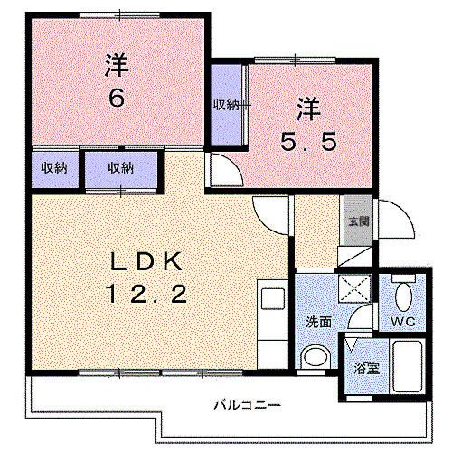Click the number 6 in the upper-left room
117,98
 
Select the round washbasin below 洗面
315,356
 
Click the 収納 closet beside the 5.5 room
226,105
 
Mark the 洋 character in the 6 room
116,66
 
